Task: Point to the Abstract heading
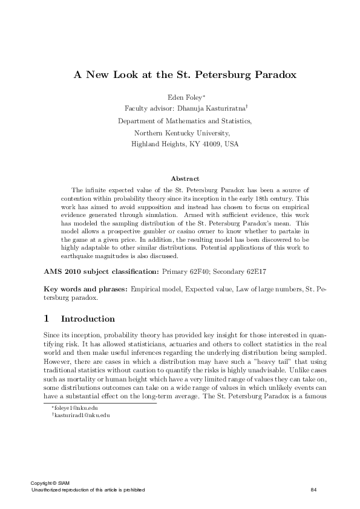[x=185, y=178]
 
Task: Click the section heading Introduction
[x=88, y=319]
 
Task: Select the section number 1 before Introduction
[x=47, y=319]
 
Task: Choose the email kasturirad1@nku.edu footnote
[x=82, y=416]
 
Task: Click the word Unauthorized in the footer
[x=48, y=489]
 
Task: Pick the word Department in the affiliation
[x=137, y=121]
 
